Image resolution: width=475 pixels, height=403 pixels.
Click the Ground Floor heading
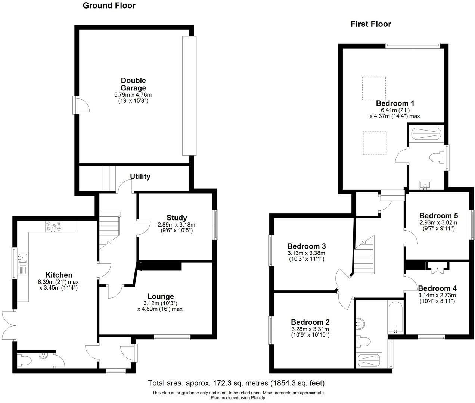click(x=109, y=6)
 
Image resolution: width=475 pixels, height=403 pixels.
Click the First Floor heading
click(x=370, y=24)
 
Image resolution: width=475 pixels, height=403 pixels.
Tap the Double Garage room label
click(x=133, y=84)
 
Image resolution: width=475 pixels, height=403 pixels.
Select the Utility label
click(x=140, y=176)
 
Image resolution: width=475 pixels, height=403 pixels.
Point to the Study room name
click(x=177, y=218)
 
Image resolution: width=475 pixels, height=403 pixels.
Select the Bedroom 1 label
click(x=395, y=103)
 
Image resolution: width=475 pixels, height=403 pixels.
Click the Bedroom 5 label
click(x=438, y=216)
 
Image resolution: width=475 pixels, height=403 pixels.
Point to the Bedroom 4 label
click(x=437, y=288)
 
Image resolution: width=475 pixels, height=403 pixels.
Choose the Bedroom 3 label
click(x=306, y=246)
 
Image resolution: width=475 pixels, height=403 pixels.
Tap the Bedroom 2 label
click(x=310, y=322)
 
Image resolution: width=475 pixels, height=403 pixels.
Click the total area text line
click(x=236, y=383)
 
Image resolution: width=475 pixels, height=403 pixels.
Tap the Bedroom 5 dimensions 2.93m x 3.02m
click(x=438, y=222)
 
